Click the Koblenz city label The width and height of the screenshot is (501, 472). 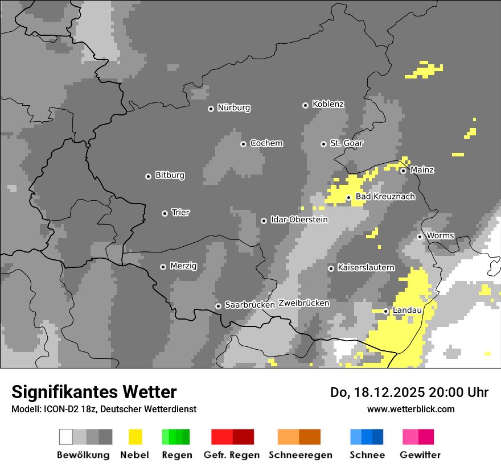[x=328, y=104]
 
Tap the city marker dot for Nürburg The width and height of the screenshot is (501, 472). [x=211, y=108]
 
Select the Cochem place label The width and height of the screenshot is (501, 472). [x=266, y=143]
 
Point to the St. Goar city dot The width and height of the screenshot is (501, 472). [x=323, y=144]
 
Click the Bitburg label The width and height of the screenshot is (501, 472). [x=170, y=175]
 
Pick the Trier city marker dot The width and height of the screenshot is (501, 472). [x=165, y=213]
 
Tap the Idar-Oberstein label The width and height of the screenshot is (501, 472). [x=299, y=220]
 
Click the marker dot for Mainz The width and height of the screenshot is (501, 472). [x=403, y=171]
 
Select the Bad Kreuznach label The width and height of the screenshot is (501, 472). [x=385, y=197]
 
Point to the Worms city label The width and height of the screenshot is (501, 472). [x=440, y=235]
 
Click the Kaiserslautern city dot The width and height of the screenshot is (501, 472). [x=331, y=268]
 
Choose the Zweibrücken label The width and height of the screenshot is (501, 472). [x=303, y=303]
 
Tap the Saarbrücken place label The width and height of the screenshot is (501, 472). [x=250, y=305]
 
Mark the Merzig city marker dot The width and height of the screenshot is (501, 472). [x=163, y=267]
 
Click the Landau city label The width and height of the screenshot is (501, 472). [x=407, y=310]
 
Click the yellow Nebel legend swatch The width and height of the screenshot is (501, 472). [x=135, y=437]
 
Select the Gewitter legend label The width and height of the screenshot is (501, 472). [x=420, y=455]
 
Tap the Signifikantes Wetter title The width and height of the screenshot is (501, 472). [x=94, y=392]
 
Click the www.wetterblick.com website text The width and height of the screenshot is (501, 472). [x=410, y=409]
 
